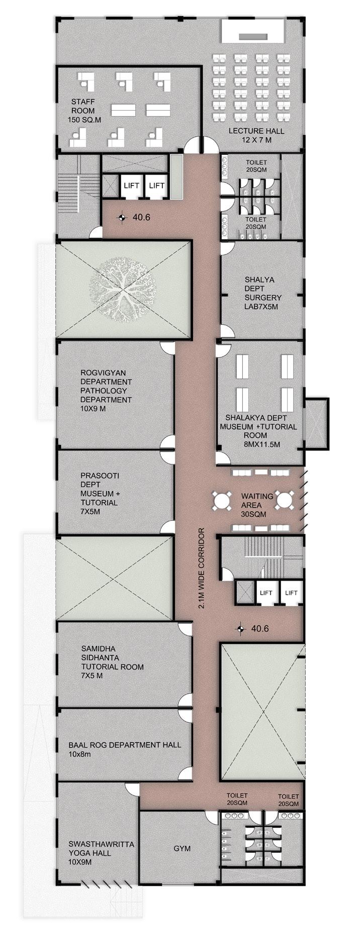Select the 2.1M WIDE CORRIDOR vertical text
(202, 569)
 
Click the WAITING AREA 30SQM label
(257, 505)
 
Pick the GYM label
(182, 849)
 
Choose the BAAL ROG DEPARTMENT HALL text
(125, 745)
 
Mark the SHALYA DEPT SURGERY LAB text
(263, 293)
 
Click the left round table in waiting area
(222, 501)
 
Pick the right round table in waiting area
(284, 501)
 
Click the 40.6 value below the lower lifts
(260, 628)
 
